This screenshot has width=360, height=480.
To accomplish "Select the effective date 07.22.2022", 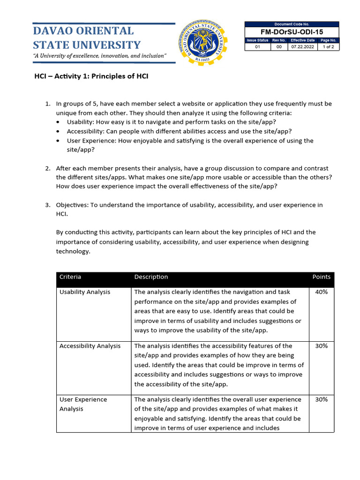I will (x=302, y=47).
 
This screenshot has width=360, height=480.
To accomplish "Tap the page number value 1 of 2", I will (x=329, y=47).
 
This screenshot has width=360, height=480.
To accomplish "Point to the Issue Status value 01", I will (x=257, y=47).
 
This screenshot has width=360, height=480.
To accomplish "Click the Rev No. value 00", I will (x=279, y=47).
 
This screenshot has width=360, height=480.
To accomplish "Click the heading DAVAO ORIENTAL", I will (x=83, y=31).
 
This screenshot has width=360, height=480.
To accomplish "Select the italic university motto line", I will (x=99, y=56).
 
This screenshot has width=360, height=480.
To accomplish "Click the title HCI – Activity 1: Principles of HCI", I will (x=91, y=76).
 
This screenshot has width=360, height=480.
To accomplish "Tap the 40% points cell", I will (x=322, y=292).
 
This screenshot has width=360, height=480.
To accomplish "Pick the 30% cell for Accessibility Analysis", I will (x=322, y=346).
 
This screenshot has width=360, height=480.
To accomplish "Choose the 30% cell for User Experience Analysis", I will (x=322, y=400).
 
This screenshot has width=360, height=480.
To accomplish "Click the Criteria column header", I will (x=70, y=277).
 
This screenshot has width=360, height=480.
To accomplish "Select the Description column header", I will (x=151, y=277).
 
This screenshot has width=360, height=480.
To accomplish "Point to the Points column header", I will (x=321, y=277).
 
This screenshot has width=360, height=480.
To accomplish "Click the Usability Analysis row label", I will (x=85, y=292).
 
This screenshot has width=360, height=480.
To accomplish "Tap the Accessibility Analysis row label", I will (x=90, y=346).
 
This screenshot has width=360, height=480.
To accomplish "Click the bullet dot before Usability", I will (x=58, y=122).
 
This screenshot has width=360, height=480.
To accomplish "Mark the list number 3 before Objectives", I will (x=47, y=205).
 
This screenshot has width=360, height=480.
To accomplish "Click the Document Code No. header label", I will (x=292, y=24).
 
